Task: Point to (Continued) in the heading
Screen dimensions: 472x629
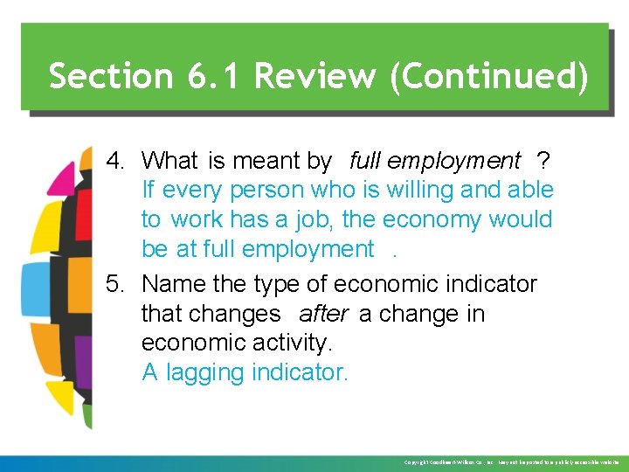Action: (x=488, y=76)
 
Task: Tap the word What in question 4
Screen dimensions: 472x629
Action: (x=170, y=161)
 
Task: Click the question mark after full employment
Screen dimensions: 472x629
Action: (x=543, y=161)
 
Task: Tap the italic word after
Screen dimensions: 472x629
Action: (x=323, y=314)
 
